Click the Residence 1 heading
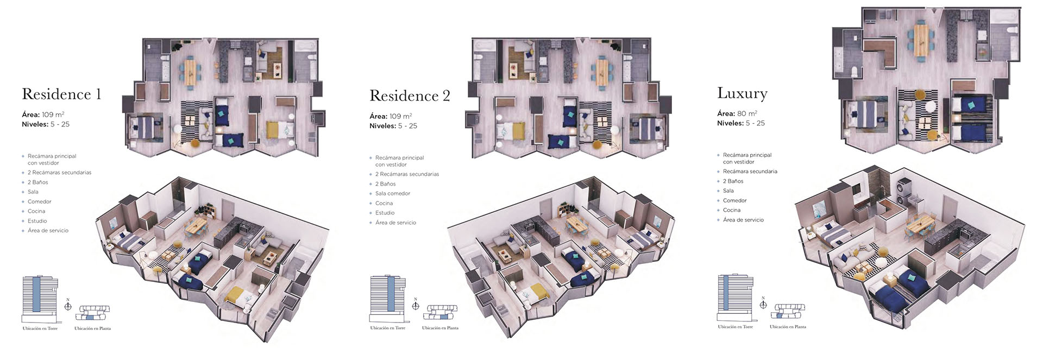[61, 94]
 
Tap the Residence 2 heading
[410, 96]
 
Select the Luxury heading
[742, 93]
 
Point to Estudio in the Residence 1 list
[37, 221]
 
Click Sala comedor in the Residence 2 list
[393, 193]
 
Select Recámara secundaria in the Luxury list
[750, 172]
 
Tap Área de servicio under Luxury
[743, 220]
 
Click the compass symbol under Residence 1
[68, 306]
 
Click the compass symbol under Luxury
[763, 304]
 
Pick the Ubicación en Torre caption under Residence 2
[388, 328]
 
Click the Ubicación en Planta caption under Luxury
[788, 327]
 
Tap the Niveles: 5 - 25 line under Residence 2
[393, 126]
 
